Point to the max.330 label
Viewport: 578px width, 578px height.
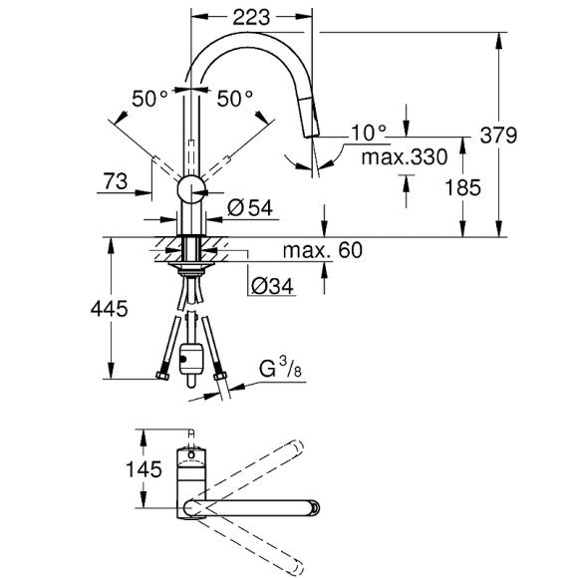pyautogui.click(x=402, y=156)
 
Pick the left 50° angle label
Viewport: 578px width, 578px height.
pyautogui.click(x=151, y=98)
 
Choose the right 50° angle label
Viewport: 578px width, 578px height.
pyautogui.click(x=236, y=98)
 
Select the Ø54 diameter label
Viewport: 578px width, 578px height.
pyautogui.click(x=250, y=208)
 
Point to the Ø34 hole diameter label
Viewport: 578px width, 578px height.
pyautogui.click(x=272, y=287)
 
